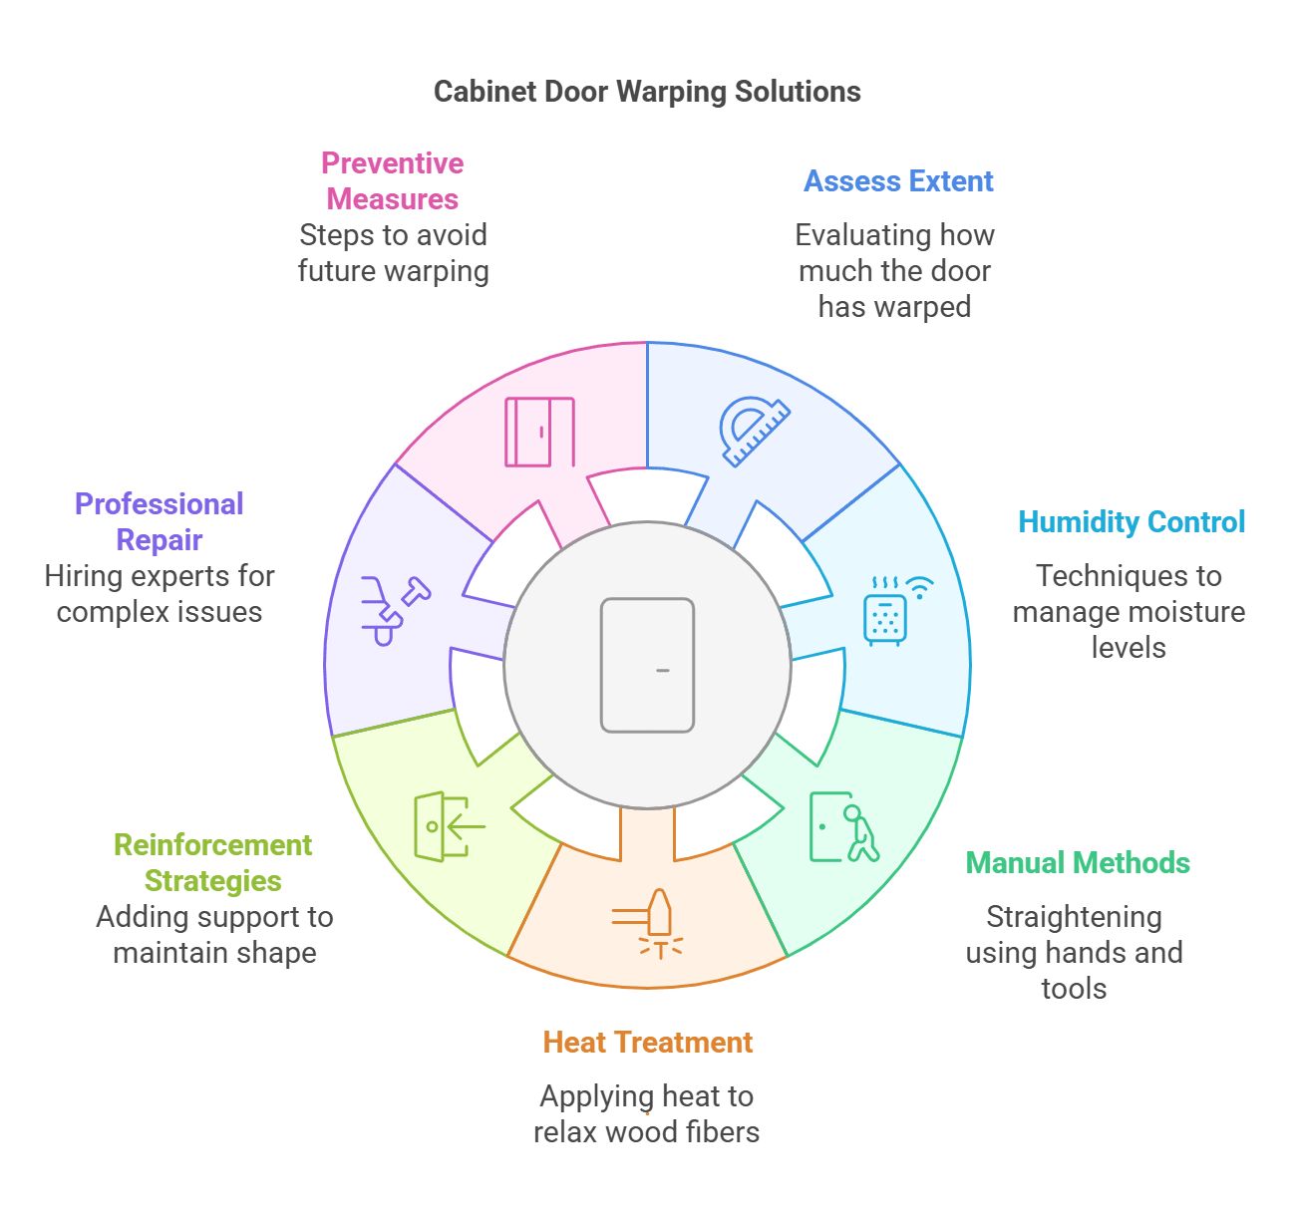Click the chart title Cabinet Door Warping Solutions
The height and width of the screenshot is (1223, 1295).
(647, 92)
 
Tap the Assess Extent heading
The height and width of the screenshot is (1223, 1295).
(898, 181)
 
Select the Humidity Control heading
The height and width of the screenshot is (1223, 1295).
(1132, 522)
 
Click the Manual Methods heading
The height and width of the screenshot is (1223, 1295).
(1078, 863)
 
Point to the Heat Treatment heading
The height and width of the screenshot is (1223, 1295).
(647, 1043)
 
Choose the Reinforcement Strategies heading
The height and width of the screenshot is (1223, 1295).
(213, 863)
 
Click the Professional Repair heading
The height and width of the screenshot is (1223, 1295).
(160, 522)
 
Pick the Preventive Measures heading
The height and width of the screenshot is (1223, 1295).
(393, 181)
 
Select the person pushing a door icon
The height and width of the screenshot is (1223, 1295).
(843, 827)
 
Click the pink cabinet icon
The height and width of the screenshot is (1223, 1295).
(539, 432)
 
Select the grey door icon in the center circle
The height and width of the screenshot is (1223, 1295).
(647, 666)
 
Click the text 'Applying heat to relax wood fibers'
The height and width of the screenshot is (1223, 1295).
(647, 1114)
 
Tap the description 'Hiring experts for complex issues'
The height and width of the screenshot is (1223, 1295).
(160, 594)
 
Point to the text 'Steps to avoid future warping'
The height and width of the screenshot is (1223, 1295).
(394, 253)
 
